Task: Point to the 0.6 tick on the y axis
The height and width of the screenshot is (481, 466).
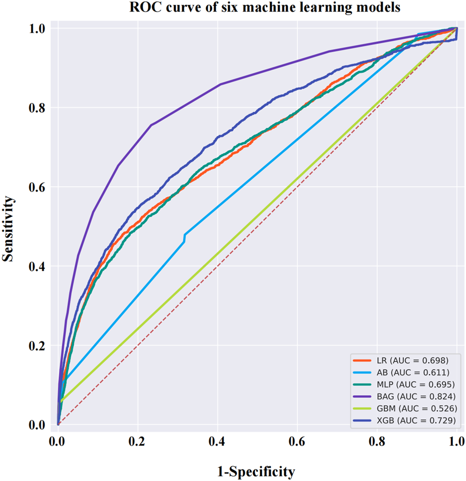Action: tap(39, 187)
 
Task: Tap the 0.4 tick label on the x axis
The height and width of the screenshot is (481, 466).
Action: tap(217, 442)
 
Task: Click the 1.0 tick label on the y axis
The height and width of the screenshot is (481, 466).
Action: tap(39, 29)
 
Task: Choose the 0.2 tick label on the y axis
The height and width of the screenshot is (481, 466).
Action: tap(39, 345)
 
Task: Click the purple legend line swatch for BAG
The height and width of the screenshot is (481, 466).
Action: tap(364, 397)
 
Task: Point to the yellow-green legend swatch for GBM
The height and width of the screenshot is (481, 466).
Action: tap(364, 409)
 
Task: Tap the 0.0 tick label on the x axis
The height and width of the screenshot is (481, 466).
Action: tap(58, 442)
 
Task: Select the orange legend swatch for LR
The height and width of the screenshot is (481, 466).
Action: tap(364, 360)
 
